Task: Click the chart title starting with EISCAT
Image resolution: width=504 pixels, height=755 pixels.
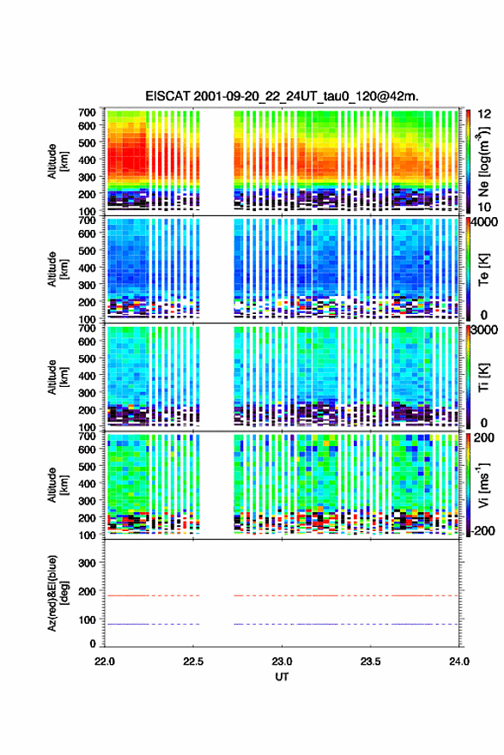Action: tap(282, 96)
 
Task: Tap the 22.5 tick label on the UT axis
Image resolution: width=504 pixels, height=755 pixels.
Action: tap(192, 661)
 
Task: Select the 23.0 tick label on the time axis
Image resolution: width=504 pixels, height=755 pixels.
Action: tap(282, 661)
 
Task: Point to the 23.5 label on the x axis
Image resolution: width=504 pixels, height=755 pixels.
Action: tap(370, 661)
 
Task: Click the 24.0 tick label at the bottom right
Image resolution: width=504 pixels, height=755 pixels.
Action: tap(458, 661)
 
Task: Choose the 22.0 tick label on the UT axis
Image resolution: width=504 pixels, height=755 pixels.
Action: tap(105, 661)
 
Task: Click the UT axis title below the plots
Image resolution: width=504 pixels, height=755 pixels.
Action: tap(282, 677)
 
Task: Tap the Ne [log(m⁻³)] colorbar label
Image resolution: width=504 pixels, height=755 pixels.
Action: tap(483, 161)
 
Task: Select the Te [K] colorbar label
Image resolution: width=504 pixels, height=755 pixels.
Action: tap(483, 269)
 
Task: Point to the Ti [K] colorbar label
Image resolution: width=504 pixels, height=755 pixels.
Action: tap(483, 377)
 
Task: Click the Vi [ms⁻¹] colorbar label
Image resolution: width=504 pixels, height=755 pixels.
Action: tap(483, 486)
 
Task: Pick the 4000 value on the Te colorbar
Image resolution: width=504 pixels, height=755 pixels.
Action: tap(485, 222)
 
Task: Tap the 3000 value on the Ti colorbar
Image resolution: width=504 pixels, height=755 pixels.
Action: tap(485, 330)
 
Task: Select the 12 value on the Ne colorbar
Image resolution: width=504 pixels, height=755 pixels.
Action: tap(484, 114)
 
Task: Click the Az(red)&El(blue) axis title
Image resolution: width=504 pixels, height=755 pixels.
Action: tap(58, 593)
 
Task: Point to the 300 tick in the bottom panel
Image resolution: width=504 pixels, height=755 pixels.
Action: tap(87, 563)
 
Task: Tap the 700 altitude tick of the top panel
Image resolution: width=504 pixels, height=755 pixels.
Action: tap(87, 112)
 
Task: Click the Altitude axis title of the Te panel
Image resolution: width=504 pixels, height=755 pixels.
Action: tap(58, 269)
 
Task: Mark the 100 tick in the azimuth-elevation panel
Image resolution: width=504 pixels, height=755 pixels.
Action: tap(87, 619)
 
